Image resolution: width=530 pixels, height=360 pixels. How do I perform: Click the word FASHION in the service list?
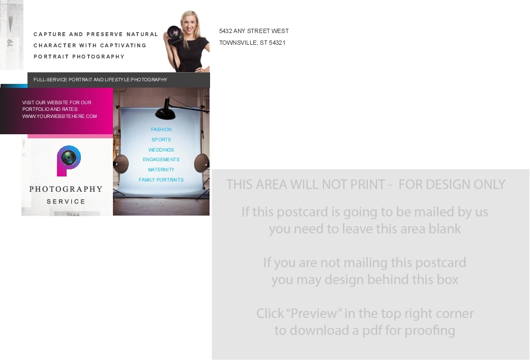tap(161, 130)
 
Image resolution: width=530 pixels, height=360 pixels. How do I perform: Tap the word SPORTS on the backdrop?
tap(161, 140)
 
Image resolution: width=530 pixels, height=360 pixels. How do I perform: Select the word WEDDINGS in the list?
tap(161, 150)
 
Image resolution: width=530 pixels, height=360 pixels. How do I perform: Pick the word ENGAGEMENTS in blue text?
tap(161, 160)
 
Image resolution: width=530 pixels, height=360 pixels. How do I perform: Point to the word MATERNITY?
tap(161, 170)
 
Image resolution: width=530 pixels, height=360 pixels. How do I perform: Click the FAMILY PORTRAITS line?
tap(161, 180)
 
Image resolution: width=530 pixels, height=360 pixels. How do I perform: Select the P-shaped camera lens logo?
tap(69, 161)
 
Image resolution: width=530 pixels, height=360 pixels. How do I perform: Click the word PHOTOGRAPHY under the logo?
tap(66, 189)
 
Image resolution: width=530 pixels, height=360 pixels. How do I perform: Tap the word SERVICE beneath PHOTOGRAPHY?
tap(66, 201)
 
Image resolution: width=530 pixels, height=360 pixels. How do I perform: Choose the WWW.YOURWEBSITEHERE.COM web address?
tap(60, 116)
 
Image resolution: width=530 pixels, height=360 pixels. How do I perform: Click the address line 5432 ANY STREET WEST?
tap(254, 31)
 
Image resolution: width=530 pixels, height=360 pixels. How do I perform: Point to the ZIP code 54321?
tap(277, 43)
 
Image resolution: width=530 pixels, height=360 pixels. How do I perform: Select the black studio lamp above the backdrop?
tap(165, 109)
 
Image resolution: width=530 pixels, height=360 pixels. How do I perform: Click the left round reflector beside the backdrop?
tap(121, 164)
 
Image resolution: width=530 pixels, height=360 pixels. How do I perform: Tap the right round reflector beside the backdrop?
tap(202, 163)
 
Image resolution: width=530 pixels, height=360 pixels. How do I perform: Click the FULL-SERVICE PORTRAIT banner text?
tap(100, 80)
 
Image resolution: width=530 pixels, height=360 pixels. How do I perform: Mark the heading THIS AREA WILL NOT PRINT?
tap(306, 185)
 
